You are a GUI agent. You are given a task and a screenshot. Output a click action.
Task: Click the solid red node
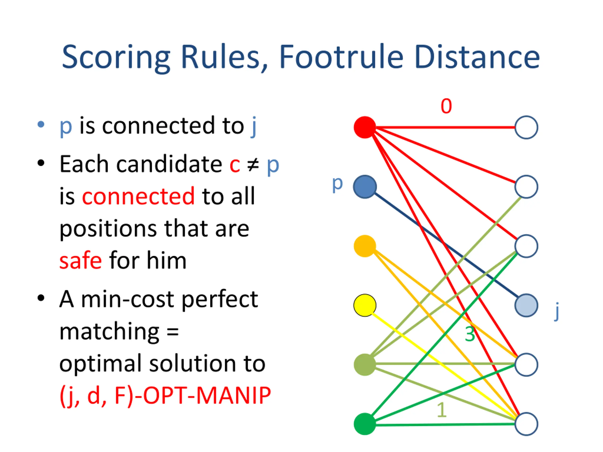[365, 127]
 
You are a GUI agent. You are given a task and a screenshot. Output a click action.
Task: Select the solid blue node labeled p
[365, 187]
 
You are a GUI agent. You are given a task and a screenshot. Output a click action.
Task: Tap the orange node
[365, 246]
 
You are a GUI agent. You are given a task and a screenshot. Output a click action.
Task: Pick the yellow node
[365, 305]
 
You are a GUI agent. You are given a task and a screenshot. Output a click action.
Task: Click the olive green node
[365, 364]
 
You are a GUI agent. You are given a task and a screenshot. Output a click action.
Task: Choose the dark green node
[365, 424]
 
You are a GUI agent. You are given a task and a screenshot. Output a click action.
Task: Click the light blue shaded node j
[526, 305]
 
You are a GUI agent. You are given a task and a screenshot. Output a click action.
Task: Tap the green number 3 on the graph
[470, 334]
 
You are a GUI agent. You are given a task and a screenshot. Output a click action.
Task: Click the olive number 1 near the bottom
[442, 410]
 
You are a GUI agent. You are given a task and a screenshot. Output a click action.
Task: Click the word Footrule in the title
[341, 57]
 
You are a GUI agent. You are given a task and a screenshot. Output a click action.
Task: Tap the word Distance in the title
[477, 57]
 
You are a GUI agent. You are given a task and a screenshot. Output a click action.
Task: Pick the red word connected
[138, 196]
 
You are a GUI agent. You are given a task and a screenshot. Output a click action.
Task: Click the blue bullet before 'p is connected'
[41, 125]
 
